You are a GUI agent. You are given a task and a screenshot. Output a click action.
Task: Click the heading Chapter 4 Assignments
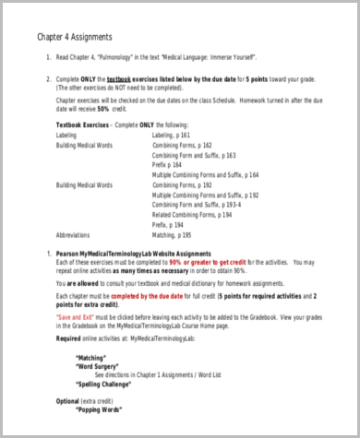coord(74,38)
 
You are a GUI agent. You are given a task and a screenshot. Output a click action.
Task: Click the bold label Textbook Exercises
coord(82,124)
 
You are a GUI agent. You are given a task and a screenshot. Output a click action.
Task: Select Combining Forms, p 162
coord(182,145)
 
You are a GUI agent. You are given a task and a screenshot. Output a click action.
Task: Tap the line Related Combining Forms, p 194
coord(192,215)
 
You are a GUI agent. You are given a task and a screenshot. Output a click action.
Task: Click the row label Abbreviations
coord(77,235)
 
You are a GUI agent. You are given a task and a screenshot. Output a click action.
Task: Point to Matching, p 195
coord(175,235)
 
